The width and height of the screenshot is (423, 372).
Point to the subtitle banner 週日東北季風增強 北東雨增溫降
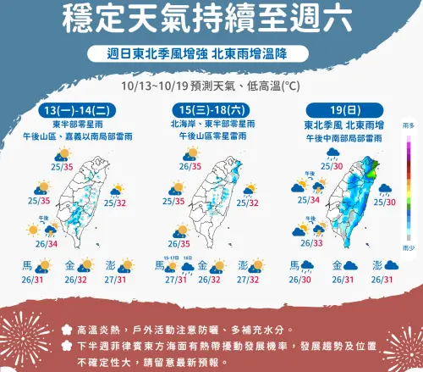coord(210,53)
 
